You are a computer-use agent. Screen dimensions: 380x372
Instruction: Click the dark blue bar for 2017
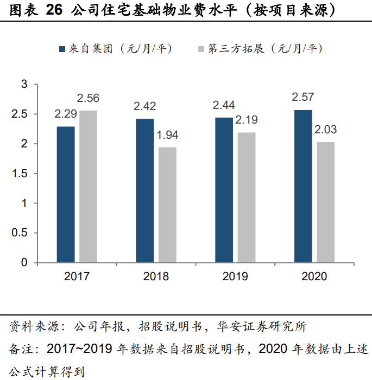click(66, 195)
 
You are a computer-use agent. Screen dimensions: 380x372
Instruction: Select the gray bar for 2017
click(88, 186)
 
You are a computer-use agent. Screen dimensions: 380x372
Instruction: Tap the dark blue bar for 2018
click(145, 191)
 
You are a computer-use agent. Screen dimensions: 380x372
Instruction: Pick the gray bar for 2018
click(167, 205)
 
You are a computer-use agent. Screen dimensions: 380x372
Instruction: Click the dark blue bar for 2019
click(224, 190)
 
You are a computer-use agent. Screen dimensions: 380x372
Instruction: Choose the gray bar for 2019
click(247, 197)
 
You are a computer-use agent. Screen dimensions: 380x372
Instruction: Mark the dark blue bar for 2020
click(304, 186)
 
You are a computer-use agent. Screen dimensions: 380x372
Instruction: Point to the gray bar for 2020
click(326, 202)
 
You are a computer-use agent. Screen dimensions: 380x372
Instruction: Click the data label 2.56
click(88, 99)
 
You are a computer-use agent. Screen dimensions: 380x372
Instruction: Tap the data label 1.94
click(167, 136)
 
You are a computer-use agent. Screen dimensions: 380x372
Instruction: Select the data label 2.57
click(302, 98)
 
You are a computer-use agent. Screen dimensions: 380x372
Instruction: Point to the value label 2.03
click(326, 130)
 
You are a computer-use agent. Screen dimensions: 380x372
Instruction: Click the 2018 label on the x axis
click(156, 276)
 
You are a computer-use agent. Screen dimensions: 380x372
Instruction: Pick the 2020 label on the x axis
click(314, 276)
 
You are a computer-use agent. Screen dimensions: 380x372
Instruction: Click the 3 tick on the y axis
click(24, 84)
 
